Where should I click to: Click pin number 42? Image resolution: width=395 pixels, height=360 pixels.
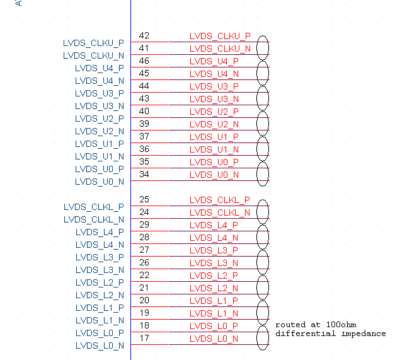pyautogui.click(x=144, y=36)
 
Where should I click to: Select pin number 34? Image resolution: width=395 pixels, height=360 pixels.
pyautogui.click(x=144, y=175)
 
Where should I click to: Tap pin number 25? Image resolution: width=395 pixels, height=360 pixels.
pyautogui.click(x=144, y=200)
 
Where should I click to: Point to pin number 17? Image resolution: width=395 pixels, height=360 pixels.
pyautogui.click(x=144, y=339)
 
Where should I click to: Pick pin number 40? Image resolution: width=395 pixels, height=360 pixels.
pyautogui.click(x=144, y=112)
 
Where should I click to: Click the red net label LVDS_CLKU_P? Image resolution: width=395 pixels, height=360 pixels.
pyautogui.click(x=220, y=36)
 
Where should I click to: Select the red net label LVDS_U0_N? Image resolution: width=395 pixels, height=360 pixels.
pyautogui.click(x=214, y=175)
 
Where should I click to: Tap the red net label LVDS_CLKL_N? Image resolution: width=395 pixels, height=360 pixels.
pyautogui.click(x=220, y=212)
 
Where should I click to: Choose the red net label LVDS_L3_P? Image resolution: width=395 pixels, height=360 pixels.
pyautogui.click(x=214, y=250)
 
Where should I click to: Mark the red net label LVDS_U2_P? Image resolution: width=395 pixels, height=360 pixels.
pyautogui.click(x=214, y=112)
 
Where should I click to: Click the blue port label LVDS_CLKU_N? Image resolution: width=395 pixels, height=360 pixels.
pyautogui.click(x=93, y=55)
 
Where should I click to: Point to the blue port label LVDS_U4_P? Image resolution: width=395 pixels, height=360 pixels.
pyautogui.click(x=100, y=68)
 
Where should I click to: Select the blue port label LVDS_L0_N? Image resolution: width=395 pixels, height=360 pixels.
pyautogui.click(x=100, y=345)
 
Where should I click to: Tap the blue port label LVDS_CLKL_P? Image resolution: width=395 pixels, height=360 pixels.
pyautogui.click(x=94, y=207)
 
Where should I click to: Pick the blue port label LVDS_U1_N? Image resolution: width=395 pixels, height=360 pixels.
pyautogui.click(x=100, y=156)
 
